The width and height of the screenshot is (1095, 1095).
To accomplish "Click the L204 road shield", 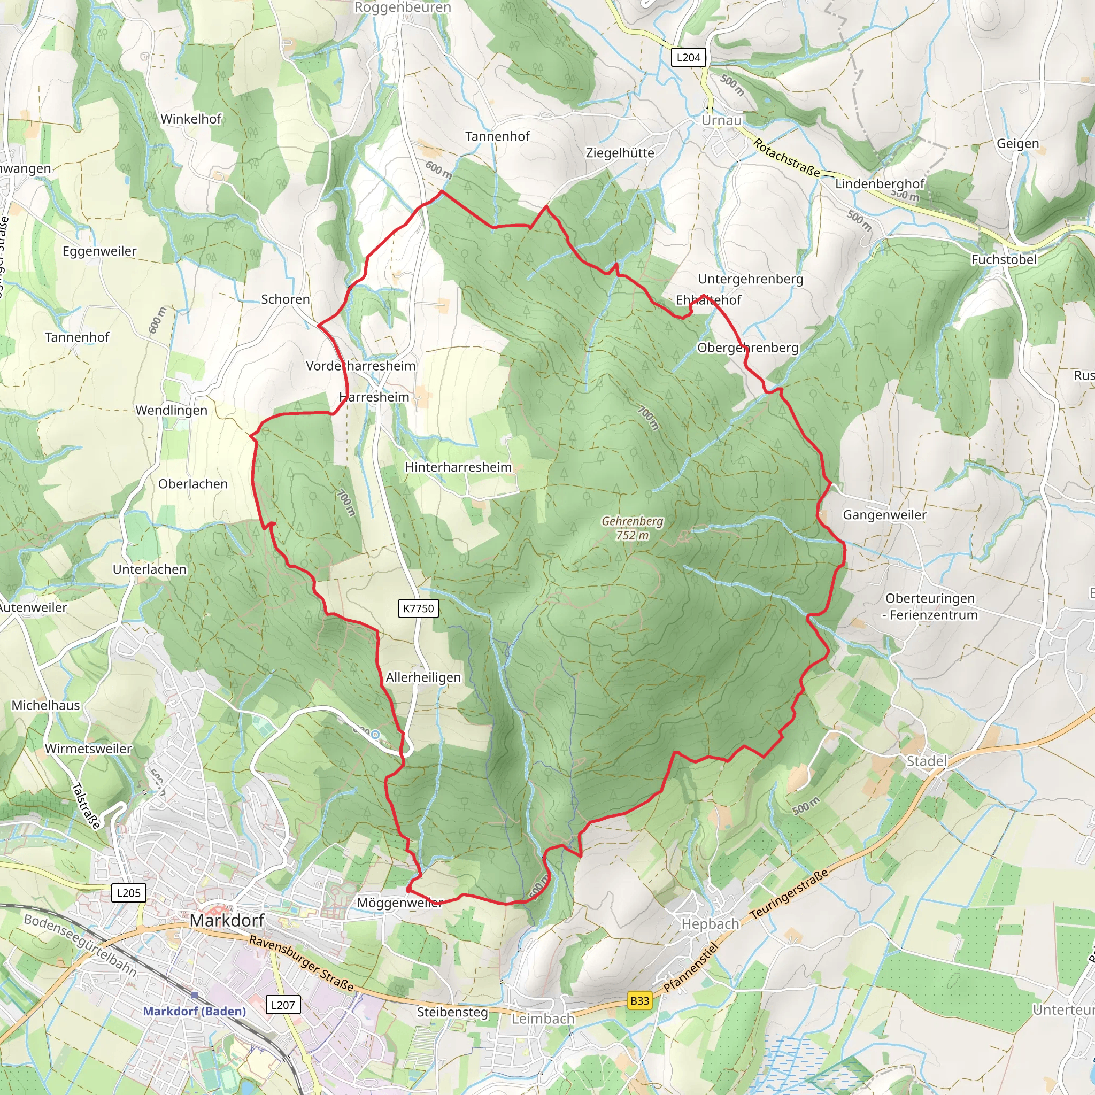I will pyautogui.click(x=688, y=57).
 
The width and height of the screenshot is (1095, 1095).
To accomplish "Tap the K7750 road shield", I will pyautogui.click(x=418, y=608).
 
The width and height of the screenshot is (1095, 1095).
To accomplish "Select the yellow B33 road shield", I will pyautogui.click(x=639, y=1000).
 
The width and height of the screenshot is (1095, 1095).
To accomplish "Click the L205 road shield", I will pyautogui.click(x=129, y=893).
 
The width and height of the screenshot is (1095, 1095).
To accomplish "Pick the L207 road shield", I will pyautogui.click(x=283, y=1005).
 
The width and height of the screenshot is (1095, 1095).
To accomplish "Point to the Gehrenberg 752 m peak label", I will pyautogui.click(x=632, y=528).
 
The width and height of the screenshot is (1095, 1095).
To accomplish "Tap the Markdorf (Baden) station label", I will pyautogui.click(x=195, y=1011).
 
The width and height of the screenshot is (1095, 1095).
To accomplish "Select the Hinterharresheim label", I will pyautogui.click(x=458, y=467).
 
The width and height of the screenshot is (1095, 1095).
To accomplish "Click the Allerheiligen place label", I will pyautogui.click(x=423, y=677).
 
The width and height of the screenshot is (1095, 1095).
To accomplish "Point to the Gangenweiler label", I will pyautogui.click(x=884, y=515).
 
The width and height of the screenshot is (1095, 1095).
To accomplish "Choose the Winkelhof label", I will pyautogui.click(x=191, y=119).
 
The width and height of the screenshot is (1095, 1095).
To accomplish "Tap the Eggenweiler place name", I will pyautogui.click(x=100, y=251).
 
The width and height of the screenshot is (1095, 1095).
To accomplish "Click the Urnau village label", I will pyautogui.click(x=721, y=120).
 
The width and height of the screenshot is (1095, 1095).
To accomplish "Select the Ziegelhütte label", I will pyautogui.click(x=620, y=153).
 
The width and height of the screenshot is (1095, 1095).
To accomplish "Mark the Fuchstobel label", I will pyautogui.click(x=1004, y=259).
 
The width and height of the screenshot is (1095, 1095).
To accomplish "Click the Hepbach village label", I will pyautogui.click(x=710, y=924).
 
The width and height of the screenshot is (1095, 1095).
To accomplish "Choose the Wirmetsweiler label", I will pyautogui.click(x=88, y=749).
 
